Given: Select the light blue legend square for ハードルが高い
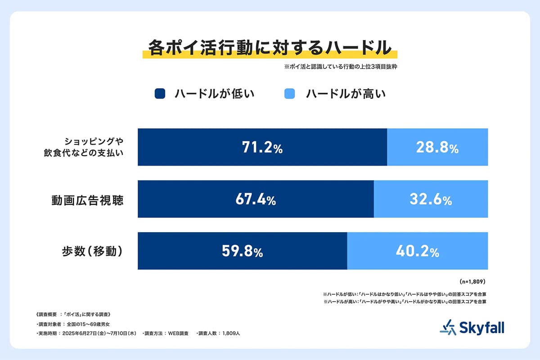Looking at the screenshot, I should coord(290,94).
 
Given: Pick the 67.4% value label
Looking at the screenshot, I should coord(256,200).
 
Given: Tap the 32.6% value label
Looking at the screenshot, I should coord(431,200).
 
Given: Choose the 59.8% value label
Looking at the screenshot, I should coord(243,252).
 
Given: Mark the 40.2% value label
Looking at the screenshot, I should coord(418,252).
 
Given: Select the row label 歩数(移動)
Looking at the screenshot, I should coord(93,252).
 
